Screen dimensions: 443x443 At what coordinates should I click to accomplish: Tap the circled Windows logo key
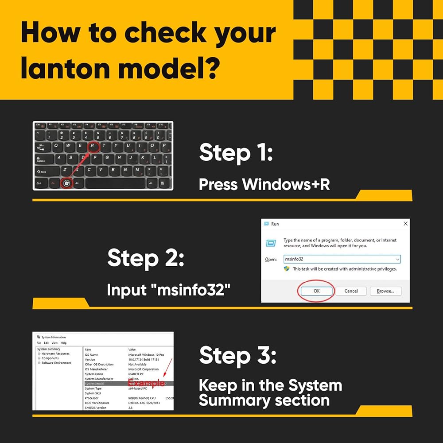coord(66,183)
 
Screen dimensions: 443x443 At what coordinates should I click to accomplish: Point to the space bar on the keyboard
coord(115,183)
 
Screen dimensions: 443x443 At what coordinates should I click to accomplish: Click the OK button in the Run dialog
coord(316,291)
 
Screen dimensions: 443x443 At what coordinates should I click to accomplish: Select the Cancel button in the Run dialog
coord(351,291)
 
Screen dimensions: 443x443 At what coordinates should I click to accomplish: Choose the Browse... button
coord(385,291)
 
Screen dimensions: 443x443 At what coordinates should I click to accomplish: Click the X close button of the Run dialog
coord(405,224)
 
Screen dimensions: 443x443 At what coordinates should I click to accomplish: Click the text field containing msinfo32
coord(337,259)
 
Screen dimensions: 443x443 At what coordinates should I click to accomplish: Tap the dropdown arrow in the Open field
coord(397,259)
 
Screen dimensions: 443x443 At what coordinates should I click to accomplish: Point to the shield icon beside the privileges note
coord(287,269)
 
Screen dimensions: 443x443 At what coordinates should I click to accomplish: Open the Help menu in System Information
coord(63,343)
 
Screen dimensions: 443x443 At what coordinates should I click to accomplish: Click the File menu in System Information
coord(39,343)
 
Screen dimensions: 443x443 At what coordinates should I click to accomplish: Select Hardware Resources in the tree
coord(55,354)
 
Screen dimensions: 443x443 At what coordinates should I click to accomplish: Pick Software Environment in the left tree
coord(56,363)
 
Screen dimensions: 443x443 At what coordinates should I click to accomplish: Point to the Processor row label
coord(92,398)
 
